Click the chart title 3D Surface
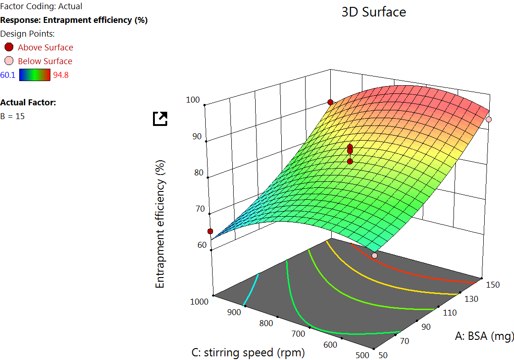[373, 12]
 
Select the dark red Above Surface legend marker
[9, 47]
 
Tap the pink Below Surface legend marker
[9, 61]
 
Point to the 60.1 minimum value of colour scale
[8, 75]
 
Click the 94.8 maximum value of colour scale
[61, 75]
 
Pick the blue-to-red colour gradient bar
[34, 75]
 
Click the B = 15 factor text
[13, 116]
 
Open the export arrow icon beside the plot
[160, 119]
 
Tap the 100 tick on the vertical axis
[193, 100]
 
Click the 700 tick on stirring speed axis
[298, 334]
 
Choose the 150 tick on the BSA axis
[492, 285]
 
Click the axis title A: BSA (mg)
[485, 337]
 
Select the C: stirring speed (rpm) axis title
[248, 353]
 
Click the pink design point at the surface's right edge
[489, 119]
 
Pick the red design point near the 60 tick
[210, 231]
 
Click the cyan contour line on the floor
[252, 289]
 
